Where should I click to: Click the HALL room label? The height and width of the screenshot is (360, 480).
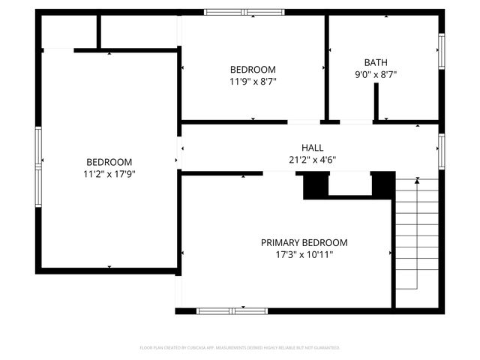[312, 148]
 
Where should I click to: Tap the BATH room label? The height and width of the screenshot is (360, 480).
[376, 63]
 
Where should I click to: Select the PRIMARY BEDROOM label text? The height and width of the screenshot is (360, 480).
[304, 242]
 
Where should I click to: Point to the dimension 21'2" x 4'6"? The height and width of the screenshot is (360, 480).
[312, 159]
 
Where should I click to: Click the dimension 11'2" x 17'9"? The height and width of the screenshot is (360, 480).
[109, 173]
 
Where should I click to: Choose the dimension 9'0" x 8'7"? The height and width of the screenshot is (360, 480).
[376, 74]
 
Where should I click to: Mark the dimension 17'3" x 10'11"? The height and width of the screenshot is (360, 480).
[304, 254]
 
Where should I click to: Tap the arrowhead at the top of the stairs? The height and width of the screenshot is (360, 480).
[417, 181]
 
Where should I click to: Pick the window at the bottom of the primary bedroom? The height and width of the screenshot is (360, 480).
[232, 310]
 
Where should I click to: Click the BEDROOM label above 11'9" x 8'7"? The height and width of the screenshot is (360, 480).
[253, 69]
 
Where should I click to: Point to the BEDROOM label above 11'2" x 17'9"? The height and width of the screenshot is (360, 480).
[109, 162]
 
